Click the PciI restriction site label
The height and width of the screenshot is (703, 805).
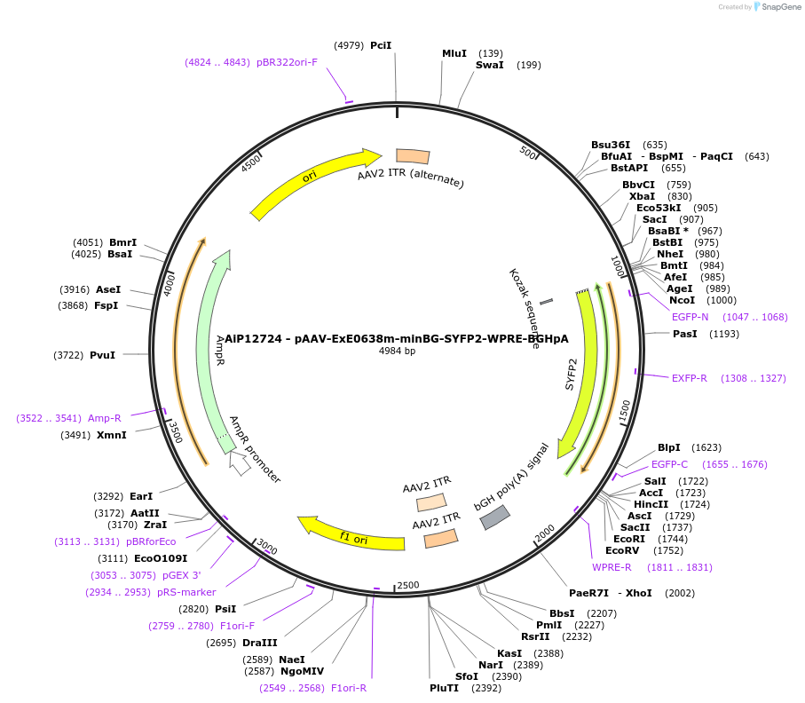pyautogui.click(x=381, y=45)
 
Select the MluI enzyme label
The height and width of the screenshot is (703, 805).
pyautogui.click(x=454, y=53)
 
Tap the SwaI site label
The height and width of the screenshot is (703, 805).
pyautogui.click(x=489, y=65)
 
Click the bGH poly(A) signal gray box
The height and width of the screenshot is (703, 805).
pyautogui.click(x=495, y=517)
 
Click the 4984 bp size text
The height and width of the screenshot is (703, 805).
pyautogui.click(x=397, y=351)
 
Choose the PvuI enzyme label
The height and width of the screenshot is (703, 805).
pyautogui.click(x=102, y=355)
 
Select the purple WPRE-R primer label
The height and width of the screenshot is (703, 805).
pyautogui.click(x=612, y=567)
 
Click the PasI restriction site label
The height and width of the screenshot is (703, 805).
pyautogui.click(x=685, y=334)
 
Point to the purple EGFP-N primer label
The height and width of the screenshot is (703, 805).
pyautogui.click(x=690, y=317)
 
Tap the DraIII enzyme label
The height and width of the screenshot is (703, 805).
pyautogui.click(x=259, y=643)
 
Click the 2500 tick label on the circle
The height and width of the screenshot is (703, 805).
pyautogui.click(x=407, y=585)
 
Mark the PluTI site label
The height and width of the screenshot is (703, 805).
pyautogui.click(x=445, y=687)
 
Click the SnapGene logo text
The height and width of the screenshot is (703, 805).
pyautogui.click(x=777, y=7)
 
